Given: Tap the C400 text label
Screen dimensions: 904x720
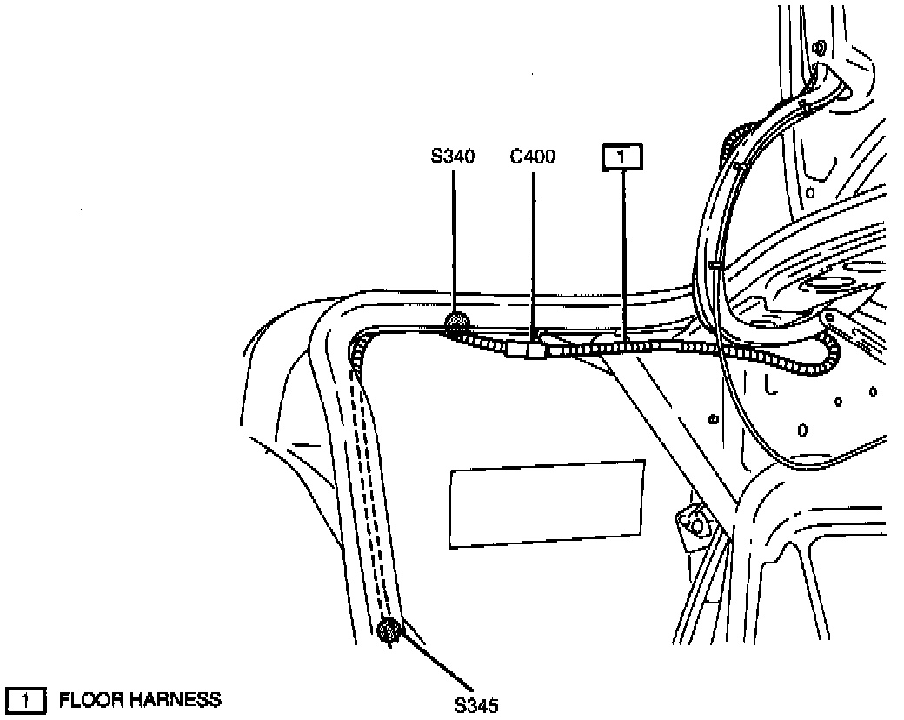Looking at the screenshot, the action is pyautogui.click(x=532, y=157).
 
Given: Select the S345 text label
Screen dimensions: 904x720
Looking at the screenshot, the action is pyautogui.click(x=475, y=704).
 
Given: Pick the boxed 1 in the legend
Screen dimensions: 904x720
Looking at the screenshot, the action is pyautogui.click(x=26, y=699).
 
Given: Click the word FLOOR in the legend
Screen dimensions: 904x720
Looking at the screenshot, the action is pyautogui.click(x=90, y=699).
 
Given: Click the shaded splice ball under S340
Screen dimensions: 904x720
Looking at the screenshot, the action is pyautogui.click(x=455, y=325).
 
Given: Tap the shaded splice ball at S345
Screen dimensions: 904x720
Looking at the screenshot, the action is pyautogui.click(x=389, y=628).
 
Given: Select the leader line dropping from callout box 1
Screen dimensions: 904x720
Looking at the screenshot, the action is pyautogui.click(x=623, y=252).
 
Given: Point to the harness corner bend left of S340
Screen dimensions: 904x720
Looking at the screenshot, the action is pyautogui.click(x=358, y=345).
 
